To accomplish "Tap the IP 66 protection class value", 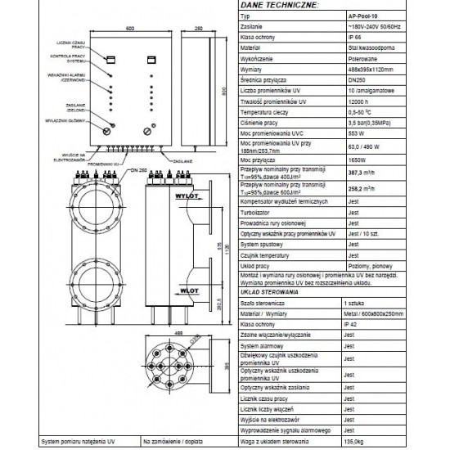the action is (x=355, y=36).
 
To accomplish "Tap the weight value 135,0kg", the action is (x=359, y=441).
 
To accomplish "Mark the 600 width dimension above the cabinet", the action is (x=129, y=29).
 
